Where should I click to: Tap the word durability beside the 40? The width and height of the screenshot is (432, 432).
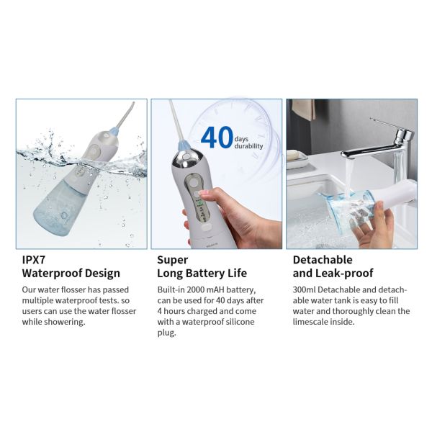coord(248,146)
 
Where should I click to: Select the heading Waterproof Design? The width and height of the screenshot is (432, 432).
coord(71,274)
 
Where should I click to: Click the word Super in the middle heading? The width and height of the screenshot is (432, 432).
coord(172,259)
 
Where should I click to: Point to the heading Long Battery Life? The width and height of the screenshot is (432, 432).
coord(202,274)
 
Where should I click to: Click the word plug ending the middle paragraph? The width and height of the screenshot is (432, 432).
coord(167,333)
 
